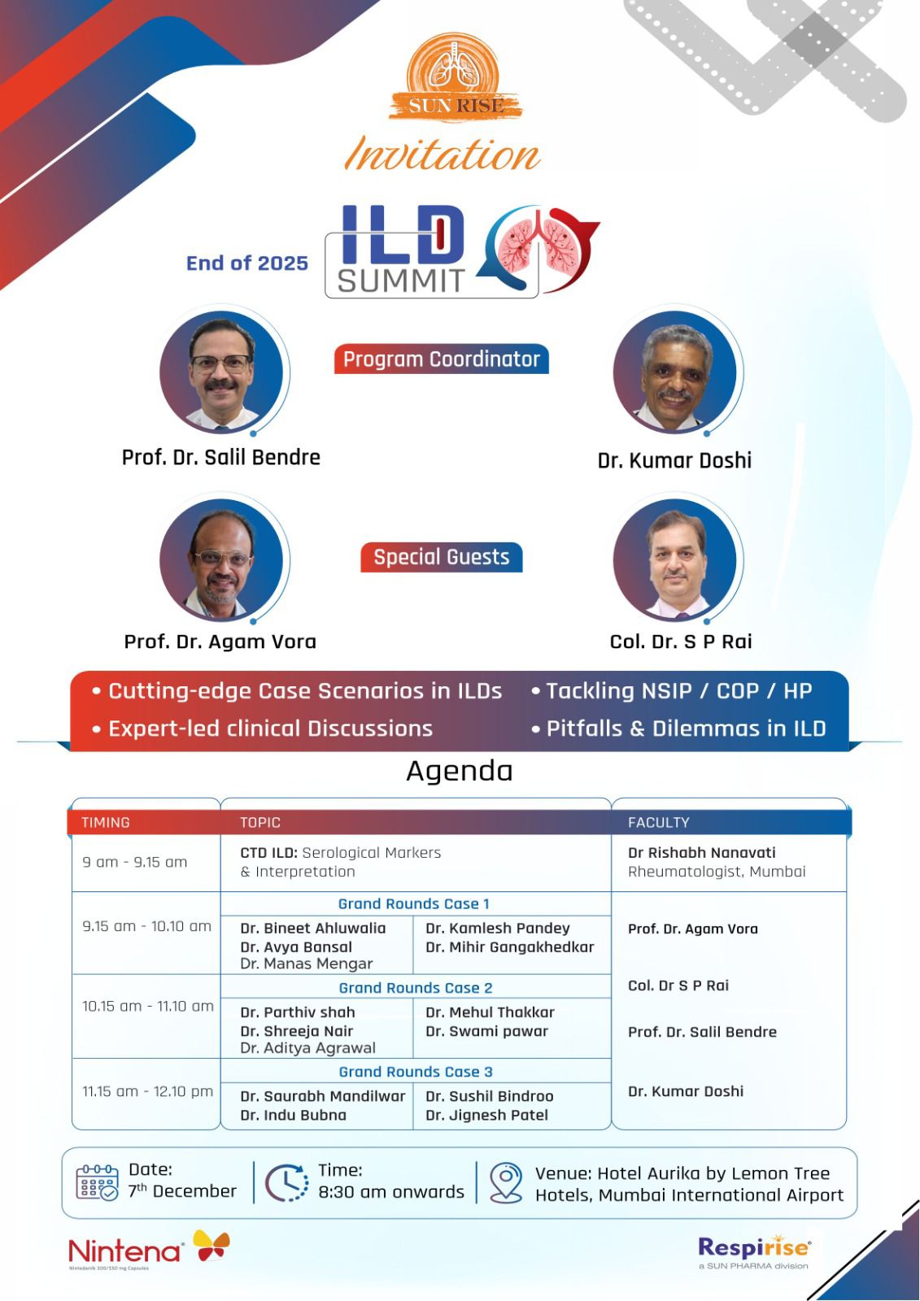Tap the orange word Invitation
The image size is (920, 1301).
click(x=443, y=154)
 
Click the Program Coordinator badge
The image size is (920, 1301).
click(x=441, y=359)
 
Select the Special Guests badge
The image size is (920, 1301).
click(x=441, y=557)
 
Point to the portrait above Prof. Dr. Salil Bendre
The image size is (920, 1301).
click(x=221, y=372)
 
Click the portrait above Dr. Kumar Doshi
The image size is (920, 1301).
click(x=674, y=372)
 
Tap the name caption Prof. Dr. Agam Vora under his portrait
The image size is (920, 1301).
click(x=220, y=642)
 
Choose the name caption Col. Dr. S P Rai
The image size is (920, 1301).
click(x=681, y=642)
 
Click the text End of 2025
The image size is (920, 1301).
click(x=247, y=263)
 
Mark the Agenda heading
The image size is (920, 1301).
click(x=459, y=772)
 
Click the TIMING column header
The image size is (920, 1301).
click(x=106, y=822)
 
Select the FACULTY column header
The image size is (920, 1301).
click(x=658, y=822)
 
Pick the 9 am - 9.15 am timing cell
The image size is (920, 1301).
click(x=135, y=862)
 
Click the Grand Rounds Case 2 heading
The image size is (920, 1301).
click(x=416, y=988)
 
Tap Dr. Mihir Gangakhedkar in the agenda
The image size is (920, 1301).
click(x=510, y=947)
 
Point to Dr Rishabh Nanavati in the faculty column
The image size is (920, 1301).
click(x=701, y=853)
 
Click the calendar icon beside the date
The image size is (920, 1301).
click(x=97, y=1182)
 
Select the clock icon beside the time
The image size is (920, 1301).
click(x=287, y=1182)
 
